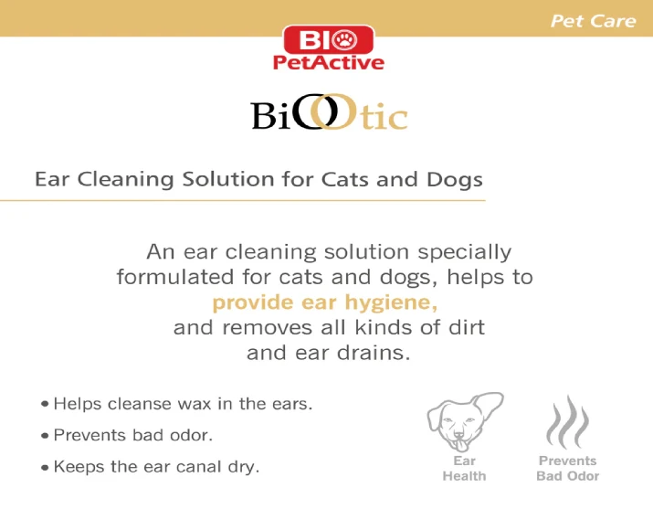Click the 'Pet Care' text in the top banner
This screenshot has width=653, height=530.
594,21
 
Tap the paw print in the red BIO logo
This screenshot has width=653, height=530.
345,39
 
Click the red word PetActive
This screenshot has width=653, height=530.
329,62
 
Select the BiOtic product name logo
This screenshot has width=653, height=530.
329,112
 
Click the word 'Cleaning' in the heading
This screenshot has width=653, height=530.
126,180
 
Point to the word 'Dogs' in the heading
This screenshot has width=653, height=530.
454,180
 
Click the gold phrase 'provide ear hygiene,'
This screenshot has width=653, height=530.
325,302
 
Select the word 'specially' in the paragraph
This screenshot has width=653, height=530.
464,252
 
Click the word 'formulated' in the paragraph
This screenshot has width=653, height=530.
175,277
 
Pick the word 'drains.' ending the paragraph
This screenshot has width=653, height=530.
374,353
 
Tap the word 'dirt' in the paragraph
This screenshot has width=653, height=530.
467,327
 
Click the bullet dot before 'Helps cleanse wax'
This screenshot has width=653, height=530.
45,404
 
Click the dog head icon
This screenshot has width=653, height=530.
465,422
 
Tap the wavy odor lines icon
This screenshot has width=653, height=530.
567,422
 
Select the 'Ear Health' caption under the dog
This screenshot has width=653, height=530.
464,469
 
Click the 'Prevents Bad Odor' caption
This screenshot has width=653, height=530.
568,469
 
